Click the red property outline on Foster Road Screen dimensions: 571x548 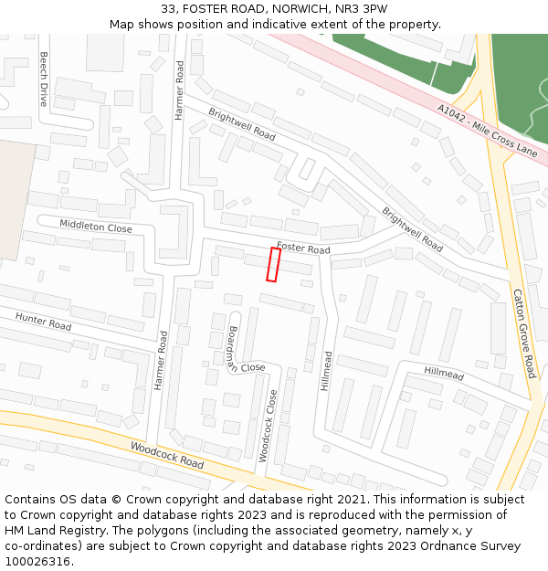coord(273,264)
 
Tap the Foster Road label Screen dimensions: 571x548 coord(303,248)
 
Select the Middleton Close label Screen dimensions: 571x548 coord(96,227)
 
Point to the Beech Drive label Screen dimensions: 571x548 coord(43,79)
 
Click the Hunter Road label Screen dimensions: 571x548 coord(43,321)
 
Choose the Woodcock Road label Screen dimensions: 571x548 coord(167,456)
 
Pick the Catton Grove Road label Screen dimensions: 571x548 coord(523,333)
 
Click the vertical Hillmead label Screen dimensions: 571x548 coord(327,372)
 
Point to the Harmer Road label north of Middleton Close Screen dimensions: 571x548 coord(180,90)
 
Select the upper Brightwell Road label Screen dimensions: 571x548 coord(241,124)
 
